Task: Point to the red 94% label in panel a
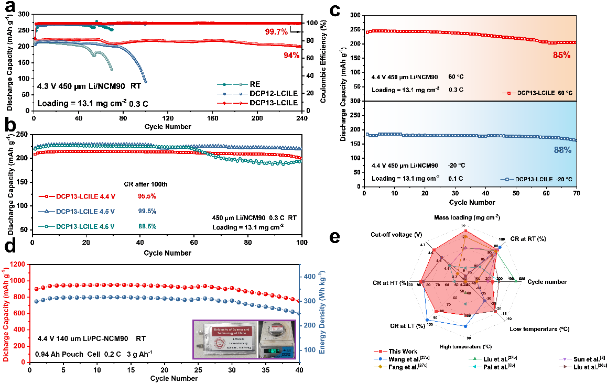tap(288, 56)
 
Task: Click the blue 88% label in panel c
tap(561, 150)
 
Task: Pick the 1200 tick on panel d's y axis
tap(20, 265)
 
